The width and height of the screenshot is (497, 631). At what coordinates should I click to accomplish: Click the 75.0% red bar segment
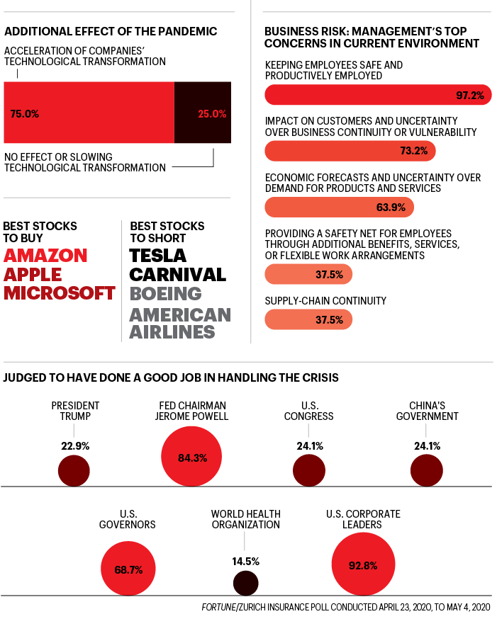click(89, 113)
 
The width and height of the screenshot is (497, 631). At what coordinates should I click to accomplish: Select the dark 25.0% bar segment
click(203, 113)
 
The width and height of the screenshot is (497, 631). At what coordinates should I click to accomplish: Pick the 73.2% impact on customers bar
click(350, 151)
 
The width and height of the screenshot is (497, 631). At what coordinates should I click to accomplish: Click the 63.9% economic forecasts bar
click(339, 207)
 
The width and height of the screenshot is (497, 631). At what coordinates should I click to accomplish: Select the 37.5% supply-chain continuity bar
click(308, 319)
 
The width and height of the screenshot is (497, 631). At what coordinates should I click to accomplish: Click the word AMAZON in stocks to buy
click(46, 256)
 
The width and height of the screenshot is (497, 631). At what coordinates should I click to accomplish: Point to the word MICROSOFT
click(60, 293)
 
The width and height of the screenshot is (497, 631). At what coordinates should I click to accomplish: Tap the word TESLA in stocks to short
click(157, 256)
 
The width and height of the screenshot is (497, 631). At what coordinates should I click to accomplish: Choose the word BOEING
click(165, 293)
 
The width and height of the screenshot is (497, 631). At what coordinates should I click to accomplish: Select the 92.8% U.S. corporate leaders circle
click(362, 565)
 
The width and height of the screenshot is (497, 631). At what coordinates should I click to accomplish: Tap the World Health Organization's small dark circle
click(245, 583)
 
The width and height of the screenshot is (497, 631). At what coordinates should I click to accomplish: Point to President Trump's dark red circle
click(74, 471)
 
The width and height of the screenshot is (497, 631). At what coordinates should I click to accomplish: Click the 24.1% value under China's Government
click(427, 446)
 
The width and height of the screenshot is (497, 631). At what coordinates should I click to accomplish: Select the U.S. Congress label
click(308, 411)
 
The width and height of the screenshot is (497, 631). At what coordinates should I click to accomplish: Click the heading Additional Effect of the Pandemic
click(111, 32)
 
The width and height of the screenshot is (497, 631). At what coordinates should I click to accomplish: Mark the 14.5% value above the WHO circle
click(245, 561)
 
